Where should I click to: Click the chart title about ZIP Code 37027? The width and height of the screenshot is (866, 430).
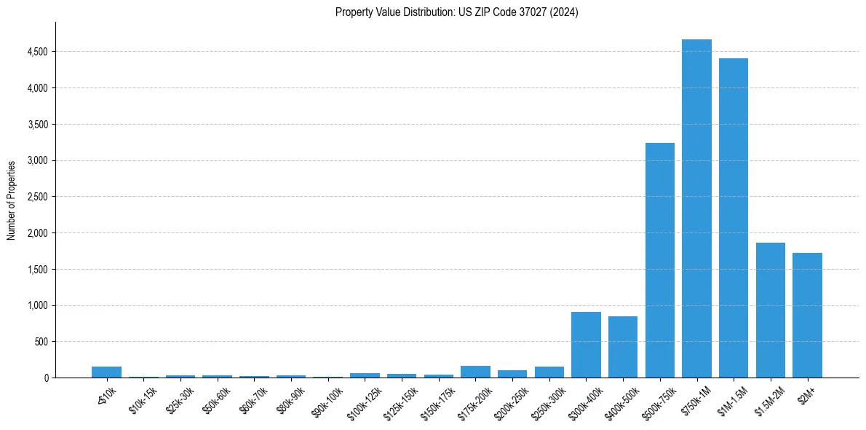(456, 12)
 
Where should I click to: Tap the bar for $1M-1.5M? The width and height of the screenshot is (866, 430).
(734, 218)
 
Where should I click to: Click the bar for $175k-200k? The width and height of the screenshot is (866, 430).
(475, 372)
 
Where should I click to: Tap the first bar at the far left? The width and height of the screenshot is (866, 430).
(106, 372)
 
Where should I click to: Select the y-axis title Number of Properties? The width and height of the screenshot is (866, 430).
(12, 200)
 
